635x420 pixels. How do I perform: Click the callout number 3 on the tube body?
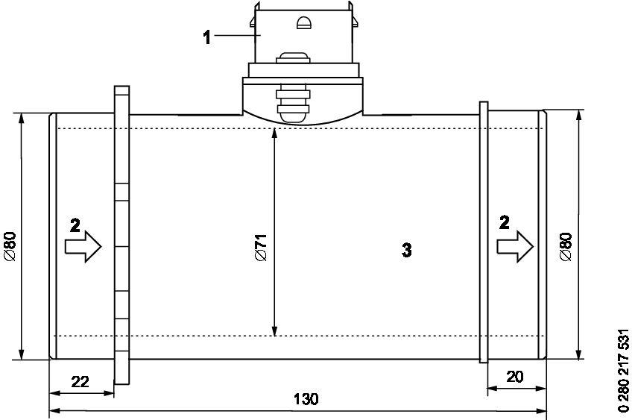[407, 251]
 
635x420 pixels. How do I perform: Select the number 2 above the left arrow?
[74, 225]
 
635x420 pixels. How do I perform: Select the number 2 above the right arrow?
[505, 222]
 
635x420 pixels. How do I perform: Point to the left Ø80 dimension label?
[10, 245]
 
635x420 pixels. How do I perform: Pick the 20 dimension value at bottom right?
[514, 377]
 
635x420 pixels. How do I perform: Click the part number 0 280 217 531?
[624, 370]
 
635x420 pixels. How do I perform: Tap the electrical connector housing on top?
[302, 37]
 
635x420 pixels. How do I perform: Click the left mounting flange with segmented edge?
[122, 239]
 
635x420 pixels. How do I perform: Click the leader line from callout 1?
[235, 35]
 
